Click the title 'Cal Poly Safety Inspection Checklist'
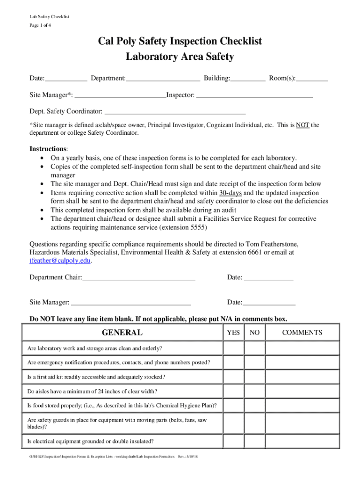pyautogui.click(x=180, y=42)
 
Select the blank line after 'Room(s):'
pyautogui.click(x=312, y=79)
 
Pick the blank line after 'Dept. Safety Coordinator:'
pyautogui.click(x=174, y=112)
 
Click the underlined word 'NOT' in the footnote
pyautogui.click(x=302, y=125)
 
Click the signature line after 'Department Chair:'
pyautogui.click(x=138, y=278)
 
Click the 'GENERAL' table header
pyautogui.click(x=122, y=333)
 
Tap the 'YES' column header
pyautogui.click(x=233, y=333)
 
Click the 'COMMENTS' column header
pyautogui.click(x=302, y=333)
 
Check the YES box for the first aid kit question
pyautogui.click(x=233, y=377)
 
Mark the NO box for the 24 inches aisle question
pyautogui.click(x=254, y=392)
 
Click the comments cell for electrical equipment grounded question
pyautogui.click(x=302, y=441)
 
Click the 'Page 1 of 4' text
pyautogui.click(x=40, y=25)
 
